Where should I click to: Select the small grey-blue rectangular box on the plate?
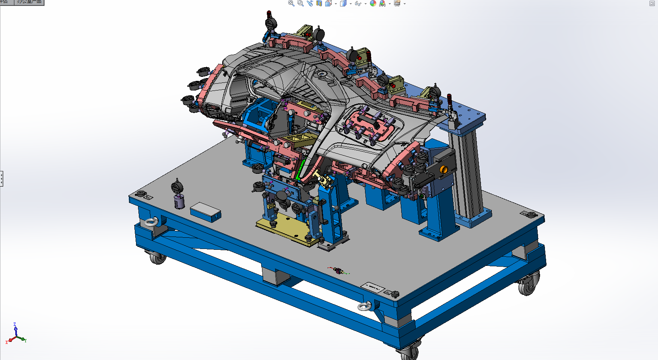pyautogui.click(x=206, y=212)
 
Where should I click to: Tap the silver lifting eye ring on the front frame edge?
pyautogui.click(x=365, y=307)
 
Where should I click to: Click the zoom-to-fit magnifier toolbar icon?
pyautogui.click(x=291, y=3)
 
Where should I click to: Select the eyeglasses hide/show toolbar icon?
pyautogui.click(x=357, y=3)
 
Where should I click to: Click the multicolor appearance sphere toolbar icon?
pyautogui.click(x=373, y=3)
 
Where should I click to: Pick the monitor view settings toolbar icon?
pyautogui.click(x=397, y=3)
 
